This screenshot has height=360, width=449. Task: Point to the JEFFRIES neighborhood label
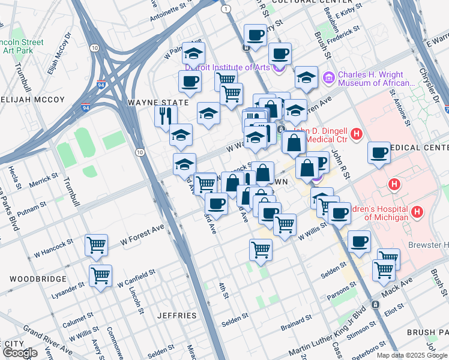176,316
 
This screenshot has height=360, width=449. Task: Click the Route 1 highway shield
226,9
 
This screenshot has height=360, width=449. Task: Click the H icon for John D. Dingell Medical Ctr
356,133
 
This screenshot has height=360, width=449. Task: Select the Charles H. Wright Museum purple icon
328,77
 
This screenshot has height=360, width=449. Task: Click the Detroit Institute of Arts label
232,67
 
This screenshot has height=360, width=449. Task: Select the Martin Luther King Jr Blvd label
330,331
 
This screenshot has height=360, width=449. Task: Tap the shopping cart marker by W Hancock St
96,244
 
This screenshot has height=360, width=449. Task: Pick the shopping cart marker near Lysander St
100,275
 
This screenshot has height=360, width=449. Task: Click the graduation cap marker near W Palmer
193,54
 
